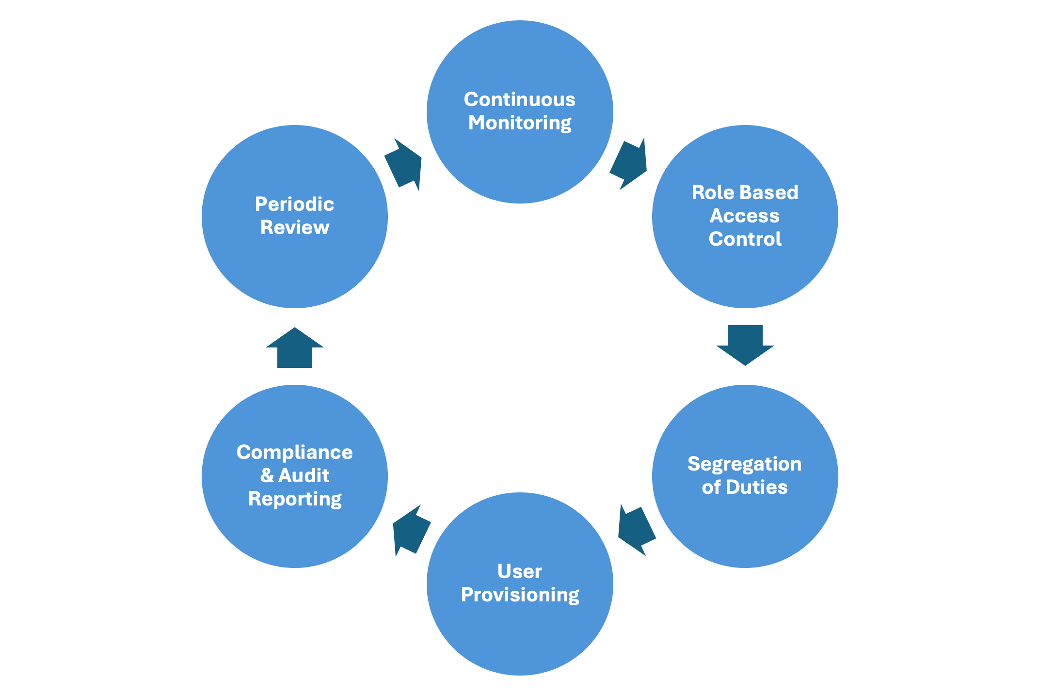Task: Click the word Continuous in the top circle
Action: coord(519,100)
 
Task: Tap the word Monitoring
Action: coord(519,123)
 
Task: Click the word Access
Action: coord(744,216)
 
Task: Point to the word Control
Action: coord(745,239)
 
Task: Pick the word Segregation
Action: coord(744,464)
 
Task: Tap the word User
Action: coord(519,572)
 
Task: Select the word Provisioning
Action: coord(520,595)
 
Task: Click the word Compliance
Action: coord(294,453)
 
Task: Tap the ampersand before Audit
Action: coord(267,476)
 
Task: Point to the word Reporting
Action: coord(295,499)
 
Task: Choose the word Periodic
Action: coord(294,205)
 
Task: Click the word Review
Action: coord(294,228)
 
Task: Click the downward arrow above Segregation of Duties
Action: coord(745,344)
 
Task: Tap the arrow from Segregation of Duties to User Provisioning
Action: coord(636,530)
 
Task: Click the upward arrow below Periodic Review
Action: coord(294,348)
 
